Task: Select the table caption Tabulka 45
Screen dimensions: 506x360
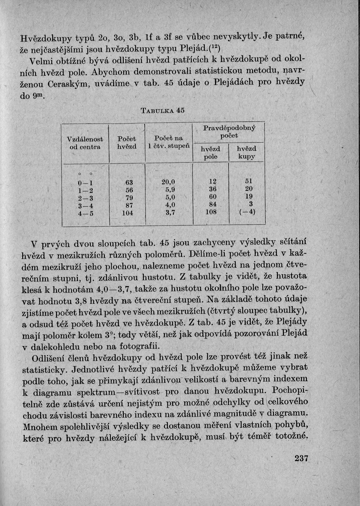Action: (x=162, y=110)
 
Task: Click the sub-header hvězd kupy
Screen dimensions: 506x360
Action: (x=246, y=153)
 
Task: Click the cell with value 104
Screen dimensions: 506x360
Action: (x=128, y=212)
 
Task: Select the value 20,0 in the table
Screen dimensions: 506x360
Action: (x=168, y=182)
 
